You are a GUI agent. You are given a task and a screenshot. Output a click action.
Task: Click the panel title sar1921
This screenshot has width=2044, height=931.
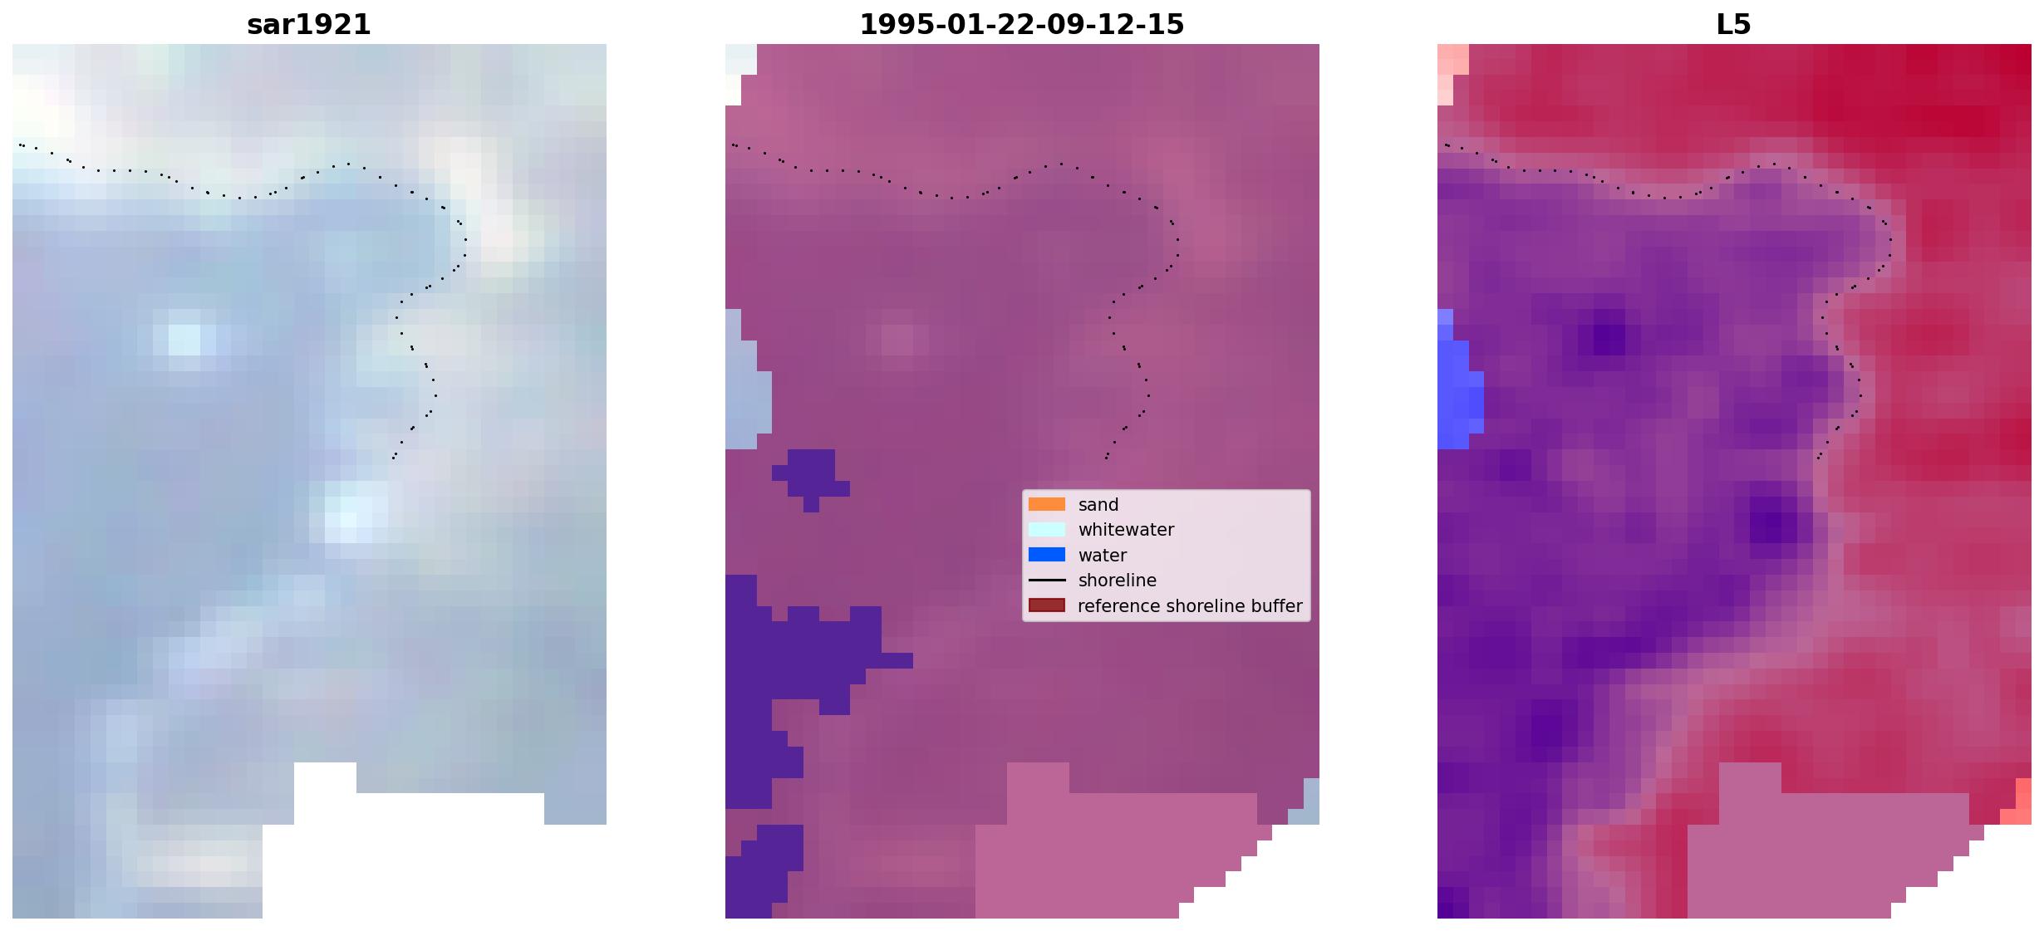pos(309,25)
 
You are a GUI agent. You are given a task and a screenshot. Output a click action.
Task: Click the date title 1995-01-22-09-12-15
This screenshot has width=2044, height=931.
pos(1022,25)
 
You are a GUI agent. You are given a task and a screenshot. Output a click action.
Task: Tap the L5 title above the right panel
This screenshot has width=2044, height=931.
pos(1734,25)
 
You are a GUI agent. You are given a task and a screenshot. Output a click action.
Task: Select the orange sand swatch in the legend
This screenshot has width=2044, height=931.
pos(1047,504)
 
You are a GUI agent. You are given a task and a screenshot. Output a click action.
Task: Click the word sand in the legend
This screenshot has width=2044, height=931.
pos(1098,505)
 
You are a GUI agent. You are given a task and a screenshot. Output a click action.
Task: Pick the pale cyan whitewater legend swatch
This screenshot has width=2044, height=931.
pos(1047,530)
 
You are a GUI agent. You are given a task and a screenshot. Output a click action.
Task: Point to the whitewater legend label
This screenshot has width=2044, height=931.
pos(1126,530)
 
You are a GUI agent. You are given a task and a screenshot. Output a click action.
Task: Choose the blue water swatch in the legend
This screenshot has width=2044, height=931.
pos(1047,555)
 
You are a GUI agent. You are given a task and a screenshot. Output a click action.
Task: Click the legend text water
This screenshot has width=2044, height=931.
pos(1103,556)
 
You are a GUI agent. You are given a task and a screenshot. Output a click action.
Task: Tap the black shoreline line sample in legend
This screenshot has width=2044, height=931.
pos(1047,581)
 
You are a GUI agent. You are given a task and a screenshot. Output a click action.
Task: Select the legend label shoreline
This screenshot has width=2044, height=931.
pos(1118,581)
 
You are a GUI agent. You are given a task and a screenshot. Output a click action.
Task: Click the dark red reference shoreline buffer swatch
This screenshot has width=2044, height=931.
pos(1047,605)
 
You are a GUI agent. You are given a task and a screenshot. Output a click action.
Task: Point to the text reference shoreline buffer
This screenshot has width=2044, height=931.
pos(1190,606)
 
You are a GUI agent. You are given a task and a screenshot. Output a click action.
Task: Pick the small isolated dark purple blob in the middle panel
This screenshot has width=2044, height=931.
pos(810,478)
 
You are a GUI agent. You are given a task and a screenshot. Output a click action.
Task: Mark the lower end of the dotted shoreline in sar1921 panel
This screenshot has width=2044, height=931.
pos(393,458)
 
